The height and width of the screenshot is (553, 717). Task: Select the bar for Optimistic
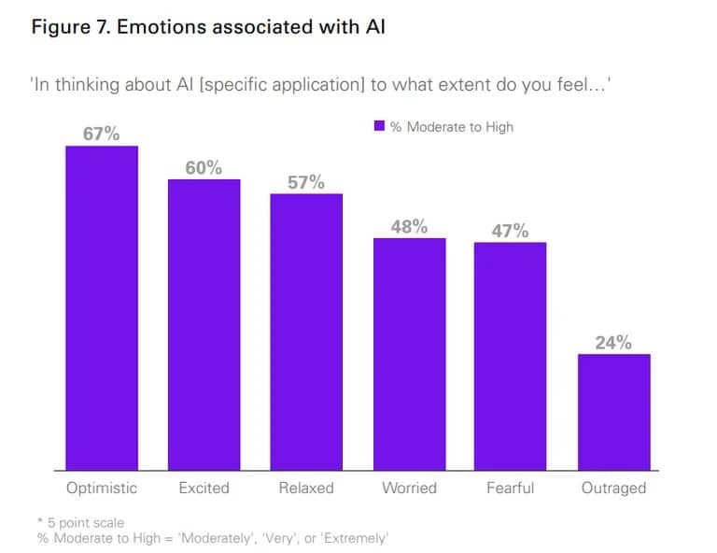[x=102, y=308]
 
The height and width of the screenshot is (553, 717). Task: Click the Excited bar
[x=204, y=324]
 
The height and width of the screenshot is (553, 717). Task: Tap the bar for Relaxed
[x=306, y=332]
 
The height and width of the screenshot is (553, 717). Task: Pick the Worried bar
[x=409, y=354]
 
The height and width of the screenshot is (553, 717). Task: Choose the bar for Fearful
[x=511, y=356]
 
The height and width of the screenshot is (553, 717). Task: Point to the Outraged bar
[x=613, y=412]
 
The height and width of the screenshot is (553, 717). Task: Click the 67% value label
[x=102, y=134]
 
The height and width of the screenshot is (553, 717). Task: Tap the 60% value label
[x=204, y=167]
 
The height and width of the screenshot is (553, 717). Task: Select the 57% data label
[x=306, y=182]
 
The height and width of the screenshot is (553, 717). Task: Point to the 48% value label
[x=409, y=226]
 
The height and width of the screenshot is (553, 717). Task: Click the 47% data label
[x=511, y=231]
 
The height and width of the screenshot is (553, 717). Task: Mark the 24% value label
[x=613, y=343]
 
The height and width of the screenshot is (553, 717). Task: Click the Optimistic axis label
[x=102, y=488]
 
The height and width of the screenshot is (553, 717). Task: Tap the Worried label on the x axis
[x=409, y=488]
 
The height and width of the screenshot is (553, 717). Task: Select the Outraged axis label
[x=613, y=488]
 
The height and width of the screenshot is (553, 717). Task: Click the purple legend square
[x=379, y=126]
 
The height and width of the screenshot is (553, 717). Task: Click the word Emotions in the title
[x=162, y=27]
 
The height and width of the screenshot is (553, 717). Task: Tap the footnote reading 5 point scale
[x=83, y=522]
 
